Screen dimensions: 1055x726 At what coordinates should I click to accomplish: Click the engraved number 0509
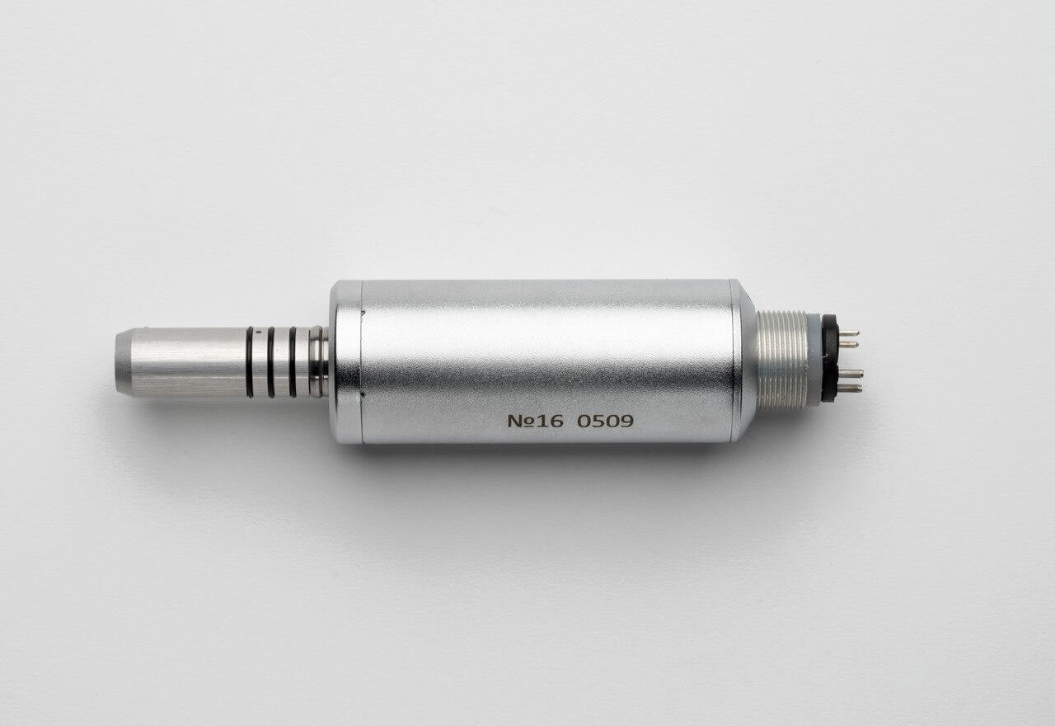605,421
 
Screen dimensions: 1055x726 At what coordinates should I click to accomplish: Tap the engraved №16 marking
535,421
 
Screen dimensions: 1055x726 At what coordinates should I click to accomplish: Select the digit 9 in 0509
627,421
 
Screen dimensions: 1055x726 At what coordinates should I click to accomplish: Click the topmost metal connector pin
848,333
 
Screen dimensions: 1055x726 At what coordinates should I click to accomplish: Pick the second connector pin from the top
848,345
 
